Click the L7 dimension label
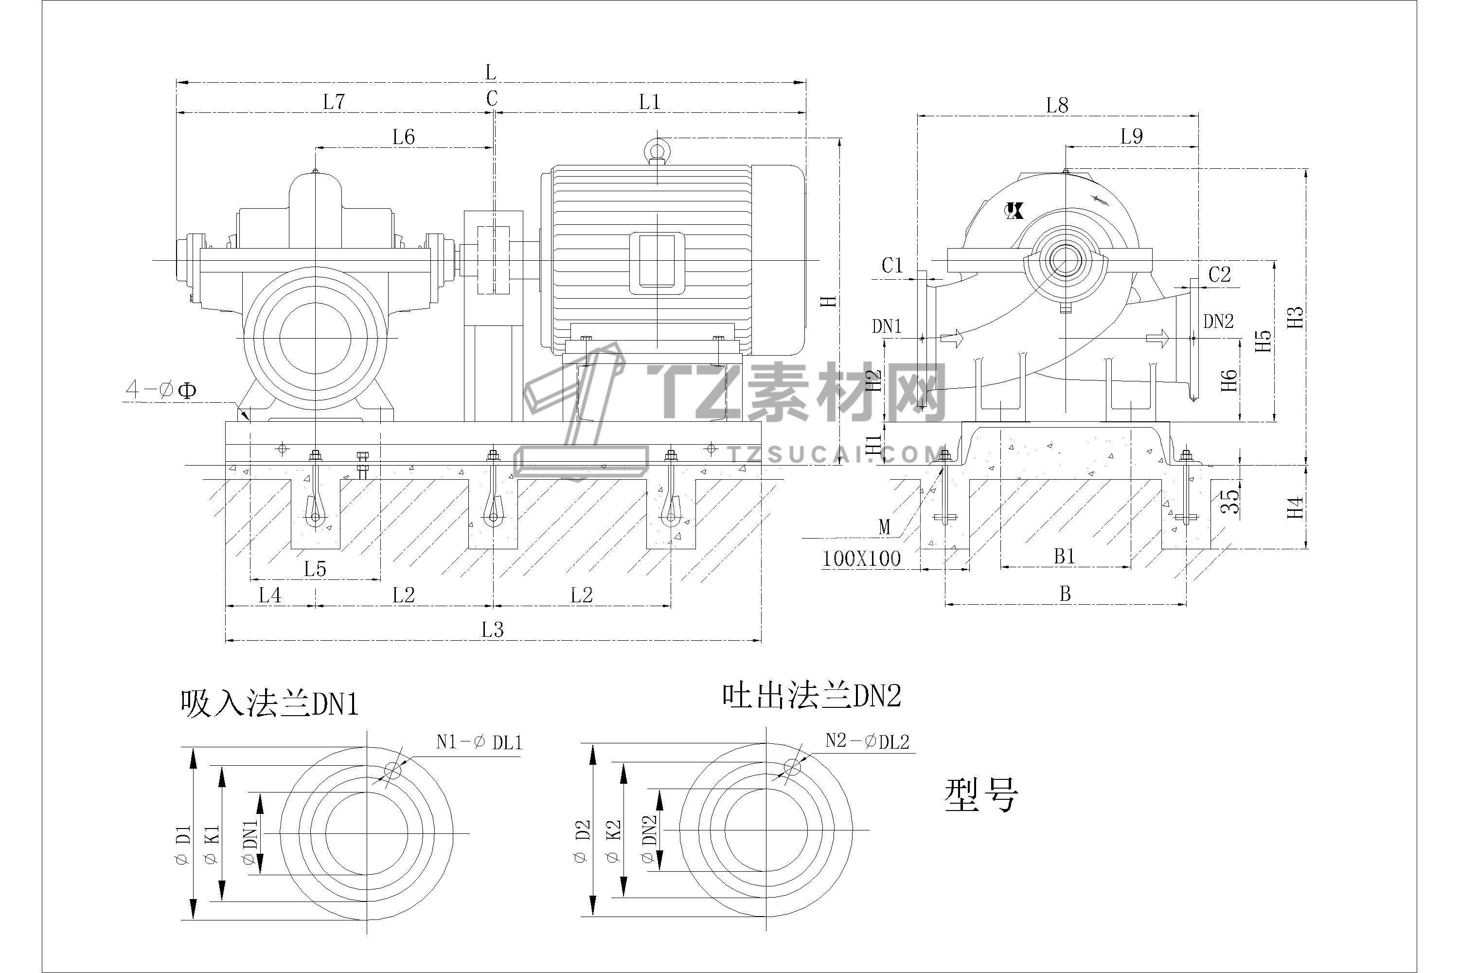(334, 102)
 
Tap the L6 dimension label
(403, 137)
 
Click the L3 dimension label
(493, 631)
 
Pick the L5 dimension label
(315, 568)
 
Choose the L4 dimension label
(270, 595)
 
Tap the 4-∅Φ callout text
(161, 390)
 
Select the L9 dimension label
(1132, 137)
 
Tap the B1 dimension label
(1065, 557)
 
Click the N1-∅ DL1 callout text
(479, 742)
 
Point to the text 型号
(981, 796)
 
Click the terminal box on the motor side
(657, 263)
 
